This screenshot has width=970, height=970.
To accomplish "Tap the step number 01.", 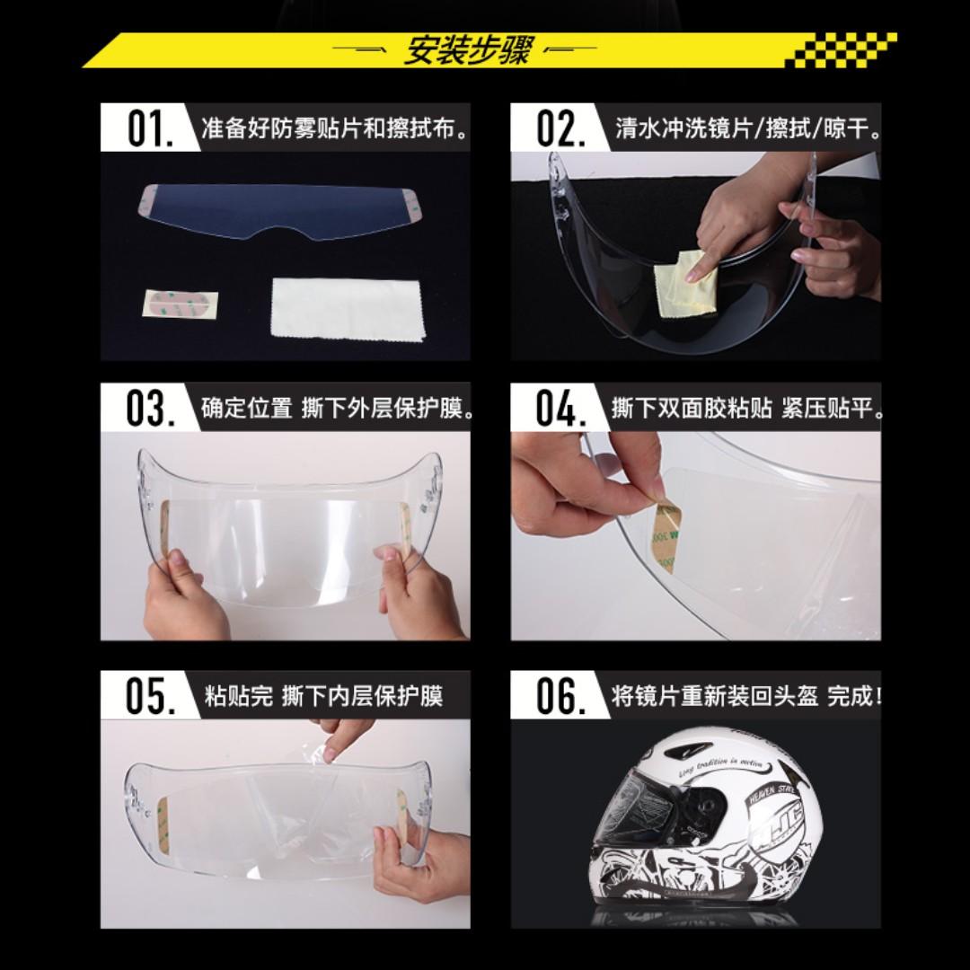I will (x=149, y=128).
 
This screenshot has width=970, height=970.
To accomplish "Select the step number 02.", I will (x=560, y=128).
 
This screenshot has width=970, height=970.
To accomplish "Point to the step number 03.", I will (x=149, y=409).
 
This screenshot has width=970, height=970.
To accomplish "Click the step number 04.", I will (x=560, y=409).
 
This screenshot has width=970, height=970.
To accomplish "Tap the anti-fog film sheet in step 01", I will (x=278, y=211).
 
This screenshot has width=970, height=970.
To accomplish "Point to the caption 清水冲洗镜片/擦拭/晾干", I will (x=747, y=128).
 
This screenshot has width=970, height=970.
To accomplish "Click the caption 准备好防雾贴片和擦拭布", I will (x=335, y=128).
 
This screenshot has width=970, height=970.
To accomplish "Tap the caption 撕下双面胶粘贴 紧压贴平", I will (x=747, y=409).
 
